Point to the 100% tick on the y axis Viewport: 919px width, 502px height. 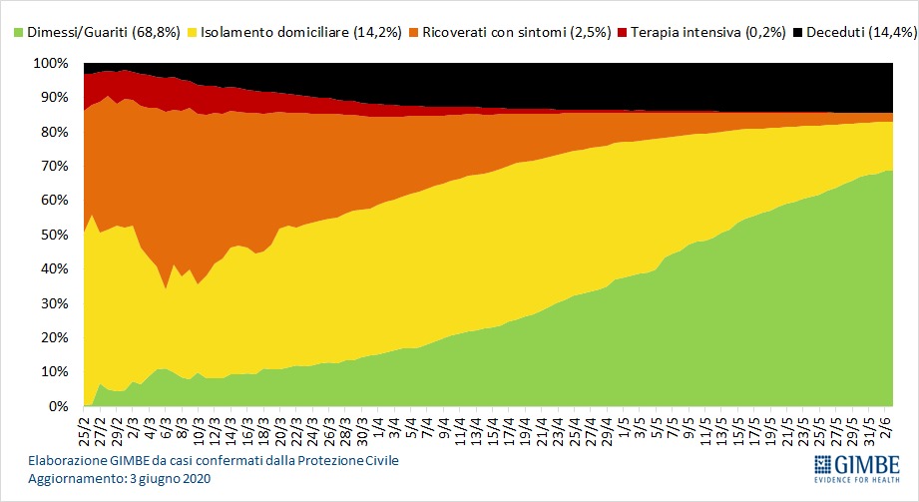click(x=51, y=63)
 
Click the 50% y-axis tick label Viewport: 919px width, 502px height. click(x=55, y=235)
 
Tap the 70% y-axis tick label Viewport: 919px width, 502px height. click(x=55, y=166)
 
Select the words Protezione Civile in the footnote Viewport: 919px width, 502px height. click(x=348, y=461)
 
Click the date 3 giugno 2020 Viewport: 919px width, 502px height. click(x=171, y=479)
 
